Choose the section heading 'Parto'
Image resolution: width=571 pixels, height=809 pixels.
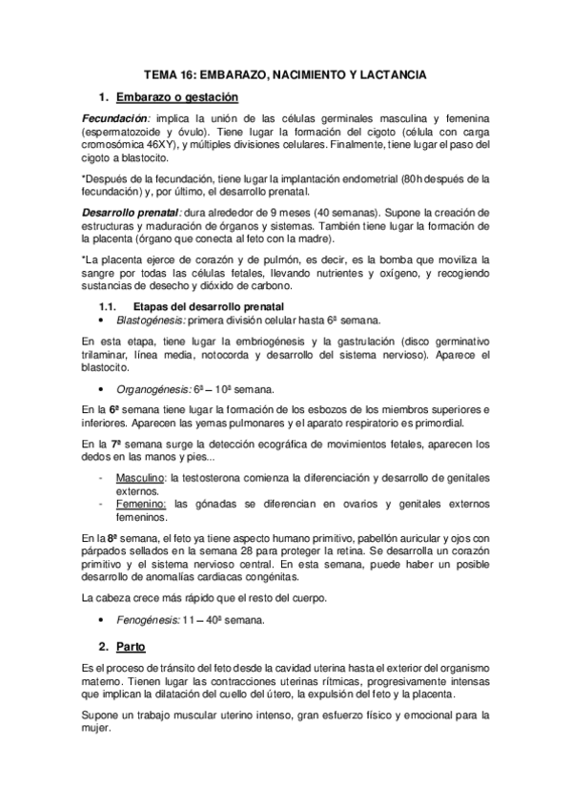(x=131, y=647)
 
